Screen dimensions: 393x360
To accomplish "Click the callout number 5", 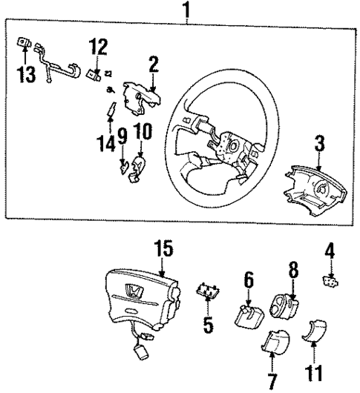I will tap(208, 325).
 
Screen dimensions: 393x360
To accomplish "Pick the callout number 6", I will tap(249, 280).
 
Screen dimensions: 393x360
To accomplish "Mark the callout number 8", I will tap(292, 269).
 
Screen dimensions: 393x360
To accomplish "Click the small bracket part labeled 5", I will tap(207, 291).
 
